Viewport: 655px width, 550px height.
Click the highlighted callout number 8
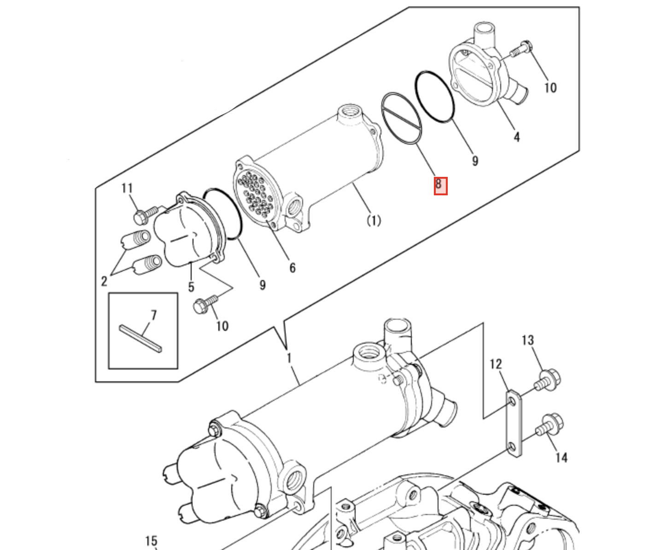440,185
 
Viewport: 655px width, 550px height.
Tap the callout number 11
127,188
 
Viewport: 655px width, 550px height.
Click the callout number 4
516,137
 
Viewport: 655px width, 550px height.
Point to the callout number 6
292,268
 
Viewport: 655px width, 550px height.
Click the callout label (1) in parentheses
374,221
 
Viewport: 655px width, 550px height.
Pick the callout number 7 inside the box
153,315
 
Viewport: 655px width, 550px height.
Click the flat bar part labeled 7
140,339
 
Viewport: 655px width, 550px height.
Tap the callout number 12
495,364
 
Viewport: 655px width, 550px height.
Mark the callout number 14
561,457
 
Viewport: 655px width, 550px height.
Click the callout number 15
151,541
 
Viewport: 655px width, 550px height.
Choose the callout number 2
105,281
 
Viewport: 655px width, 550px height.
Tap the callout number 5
191,287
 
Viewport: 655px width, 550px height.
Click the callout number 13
527,340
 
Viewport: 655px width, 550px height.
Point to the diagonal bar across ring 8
401,119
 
